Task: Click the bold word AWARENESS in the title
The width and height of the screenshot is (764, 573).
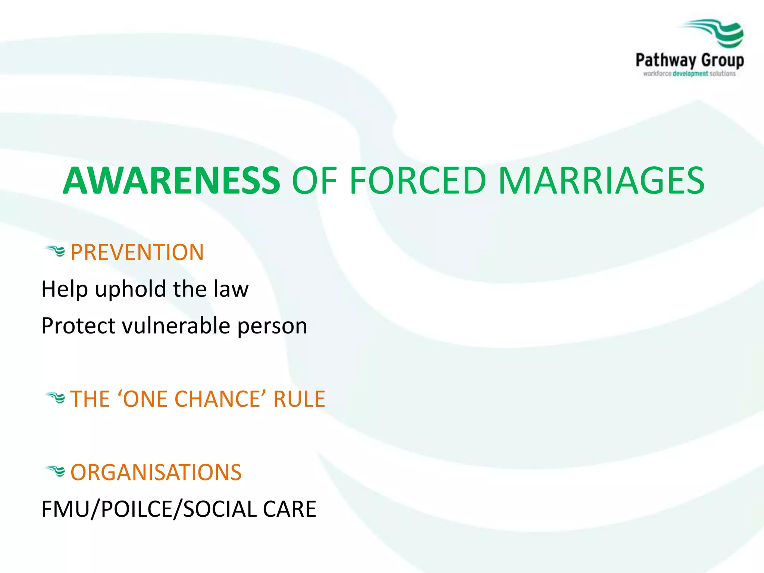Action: [172, 181]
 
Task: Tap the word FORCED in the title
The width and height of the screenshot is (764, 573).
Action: [418, 181]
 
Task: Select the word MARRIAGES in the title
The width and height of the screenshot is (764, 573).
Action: [601, 181]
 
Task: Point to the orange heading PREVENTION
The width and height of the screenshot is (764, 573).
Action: [137, 253]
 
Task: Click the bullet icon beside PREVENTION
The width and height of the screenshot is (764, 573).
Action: [55, 251]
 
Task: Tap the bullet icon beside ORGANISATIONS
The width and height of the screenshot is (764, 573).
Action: [55, 471]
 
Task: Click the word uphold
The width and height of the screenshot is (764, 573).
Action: [130, 289]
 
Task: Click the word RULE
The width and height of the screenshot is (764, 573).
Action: [299, 399]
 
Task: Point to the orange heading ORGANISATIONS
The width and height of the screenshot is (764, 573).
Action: [156, 472]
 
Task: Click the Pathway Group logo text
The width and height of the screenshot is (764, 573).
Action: [689, 60]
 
